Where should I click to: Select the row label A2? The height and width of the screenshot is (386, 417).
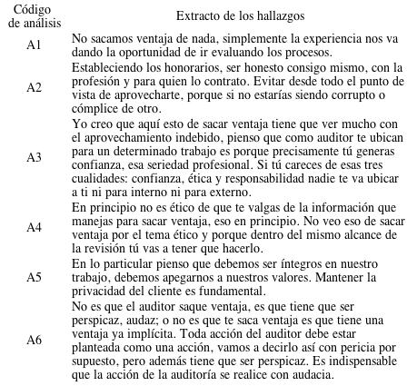pos(34,87)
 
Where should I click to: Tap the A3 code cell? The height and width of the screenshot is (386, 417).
pos(34,156)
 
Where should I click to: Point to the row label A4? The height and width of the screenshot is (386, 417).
pos(34,226)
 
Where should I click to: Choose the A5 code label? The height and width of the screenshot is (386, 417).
pos(34,276)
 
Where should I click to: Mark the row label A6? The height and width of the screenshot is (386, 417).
pos(34,339)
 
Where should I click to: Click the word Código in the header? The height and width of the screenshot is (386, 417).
pos(34,8)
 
